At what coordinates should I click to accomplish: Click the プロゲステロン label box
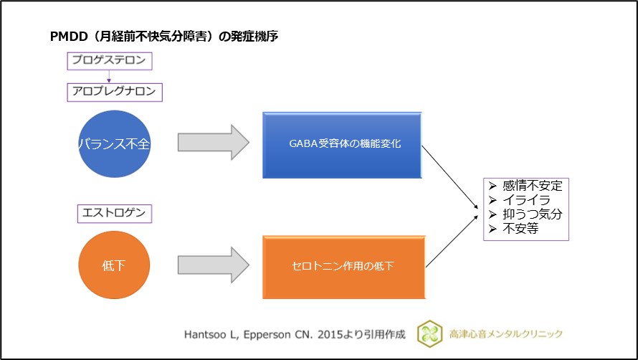pyautogui.click(x=109, y=61)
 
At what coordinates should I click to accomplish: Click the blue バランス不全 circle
pyautogui.click(x=114, y=143)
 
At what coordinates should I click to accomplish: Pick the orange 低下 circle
pyautogui.click(x=114, y=266)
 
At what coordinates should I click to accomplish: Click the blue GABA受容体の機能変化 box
pyautogui.click(x=341, y=143)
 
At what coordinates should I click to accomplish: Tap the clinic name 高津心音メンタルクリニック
pyautogui.click(x=506, y=333)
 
